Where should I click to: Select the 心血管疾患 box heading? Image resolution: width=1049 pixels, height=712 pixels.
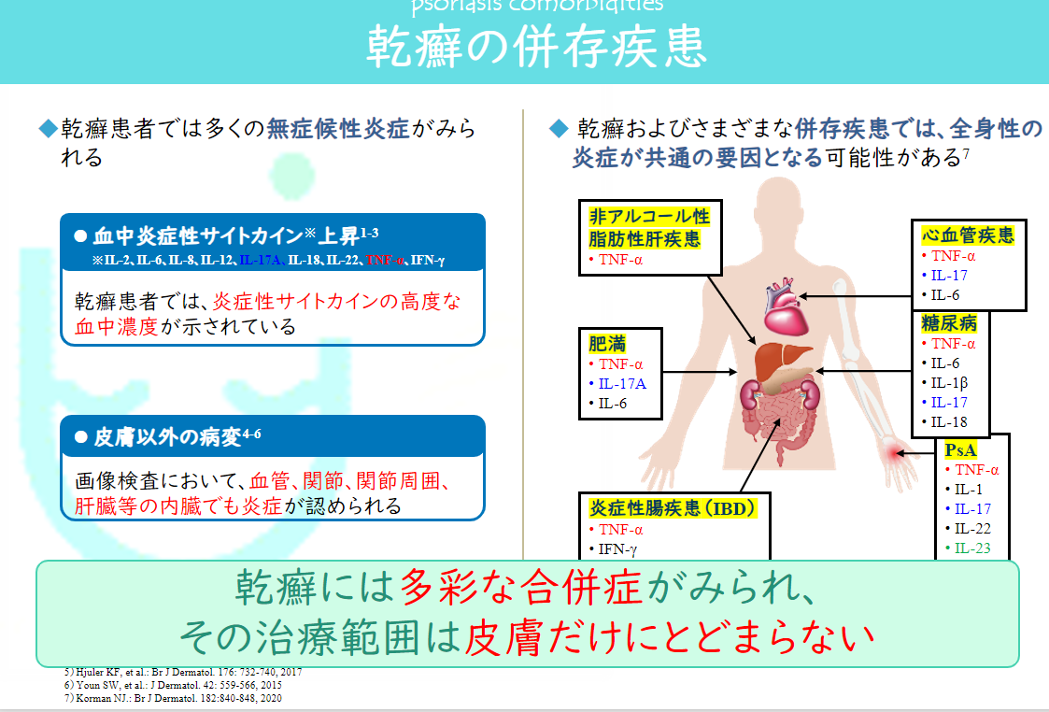click(x=968, y=234)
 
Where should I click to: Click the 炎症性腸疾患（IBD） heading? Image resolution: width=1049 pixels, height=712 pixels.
click(x=672, y=508)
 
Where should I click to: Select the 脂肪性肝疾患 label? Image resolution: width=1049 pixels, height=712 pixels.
click(x=644, y=239)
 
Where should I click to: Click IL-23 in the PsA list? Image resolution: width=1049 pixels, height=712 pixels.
click(x=972, y=548)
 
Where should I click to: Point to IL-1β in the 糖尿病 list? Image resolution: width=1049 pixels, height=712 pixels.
click(x=949, y=382)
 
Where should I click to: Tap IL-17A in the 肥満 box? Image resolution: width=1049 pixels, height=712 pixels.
click(x=621, y=384)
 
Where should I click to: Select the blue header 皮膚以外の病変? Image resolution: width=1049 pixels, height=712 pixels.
click(x=168, y=436)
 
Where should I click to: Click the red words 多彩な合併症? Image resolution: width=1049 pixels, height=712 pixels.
click(x=520, y=588)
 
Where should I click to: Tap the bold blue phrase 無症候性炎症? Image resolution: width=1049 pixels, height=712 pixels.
click(x=338, y=129)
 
